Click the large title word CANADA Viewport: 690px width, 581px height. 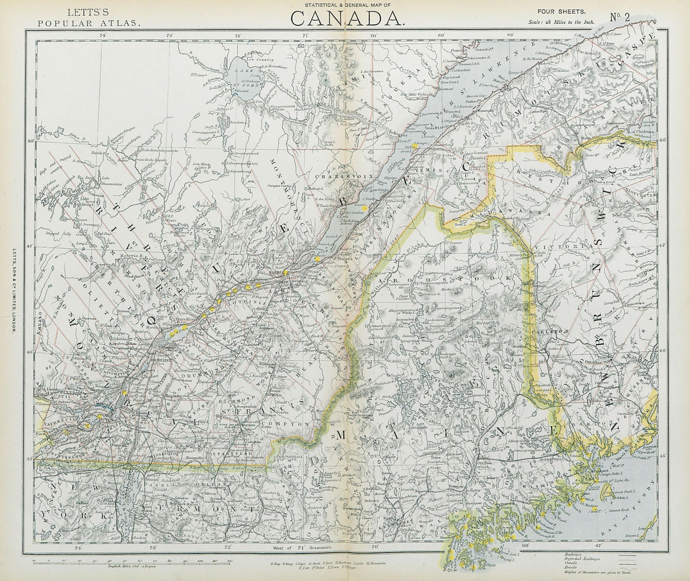(x=347, y=18)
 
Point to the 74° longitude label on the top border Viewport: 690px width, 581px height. (x=103, y=35)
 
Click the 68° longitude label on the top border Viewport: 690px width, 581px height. (x=511, y=35)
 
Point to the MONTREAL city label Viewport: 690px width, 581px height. (x=102, y=406)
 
